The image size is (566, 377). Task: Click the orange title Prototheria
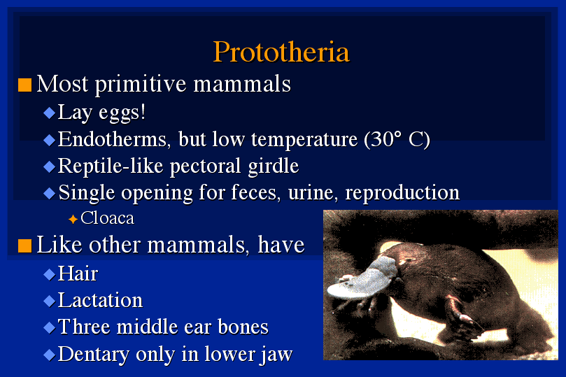(x=281, y=52)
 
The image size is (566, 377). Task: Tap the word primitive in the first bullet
(x=141, y=85)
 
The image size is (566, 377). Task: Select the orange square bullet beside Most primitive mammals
(x=25, y=85)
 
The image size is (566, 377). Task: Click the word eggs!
(x=122, y=113)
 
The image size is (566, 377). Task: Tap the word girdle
(x=274, y=166)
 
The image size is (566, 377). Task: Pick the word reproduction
(x=402, y=193)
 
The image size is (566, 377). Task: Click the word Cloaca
(x=107, y=218)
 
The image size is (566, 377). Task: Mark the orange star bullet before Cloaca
(x=73, y=219)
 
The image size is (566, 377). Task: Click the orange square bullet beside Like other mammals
(x=25, y=246)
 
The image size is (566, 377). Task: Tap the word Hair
(x=78, y=273)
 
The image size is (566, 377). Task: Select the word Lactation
(x=100, y=300)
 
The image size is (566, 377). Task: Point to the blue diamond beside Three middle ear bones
(x=49, y=327)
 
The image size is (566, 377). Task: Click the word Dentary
(x=94, y=355)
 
